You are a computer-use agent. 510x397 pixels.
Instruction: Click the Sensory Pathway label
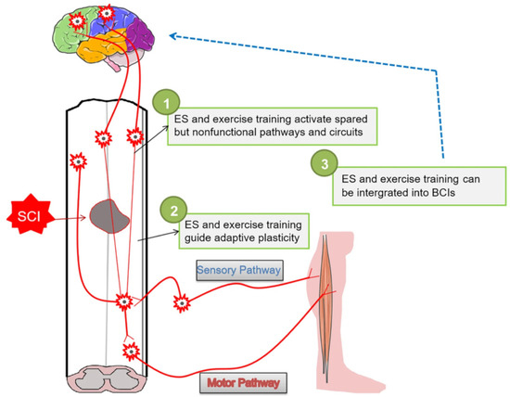point(237,270)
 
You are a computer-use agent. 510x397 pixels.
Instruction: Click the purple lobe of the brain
point(143,38)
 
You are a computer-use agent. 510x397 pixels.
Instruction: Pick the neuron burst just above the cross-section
point(131,350)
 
